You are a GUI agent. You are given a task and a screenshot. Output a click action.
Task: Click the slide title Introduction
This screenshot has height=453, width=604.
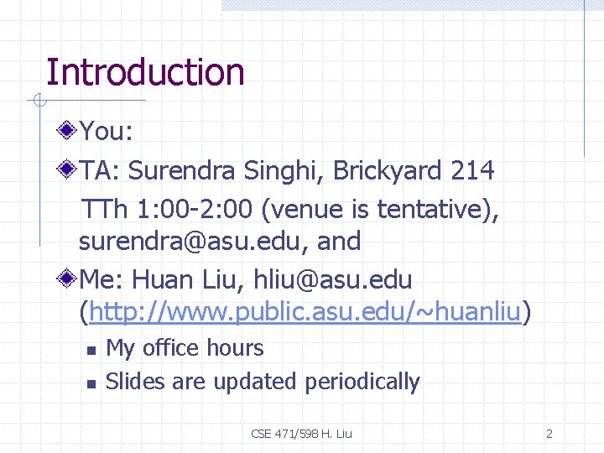click(145, 73)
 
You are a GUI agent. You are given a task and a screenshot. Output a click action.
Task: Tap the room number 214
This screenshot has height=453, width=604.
click(472, 171)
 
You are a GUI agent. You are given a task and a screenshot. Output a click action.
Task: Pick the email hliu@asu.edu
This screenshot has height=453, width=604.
click(332, 279)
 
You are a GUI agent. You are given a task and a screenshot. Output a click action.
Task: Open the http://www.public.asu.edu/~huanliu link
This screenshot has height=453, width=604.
click(305, 313)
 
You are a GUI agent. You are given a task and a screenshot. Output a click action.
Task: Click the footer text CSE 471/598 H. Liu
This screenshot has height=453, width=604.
click(302, 434)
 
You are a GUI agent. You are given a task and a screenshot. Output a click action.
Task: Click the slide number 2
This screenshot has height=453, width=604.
click(549, 434)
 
